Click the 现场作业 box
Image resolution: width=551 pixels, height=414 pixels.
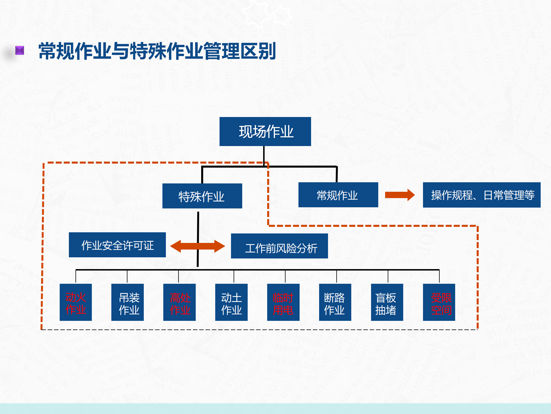click(265, 131)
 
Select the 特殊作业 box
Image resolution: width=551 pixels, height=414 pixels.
click(202, 196)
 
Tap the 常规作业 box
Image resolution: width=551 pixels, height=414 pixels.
click(338, 195)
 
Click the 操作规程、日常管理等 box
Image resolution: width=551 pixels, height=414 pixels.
click(482, 195)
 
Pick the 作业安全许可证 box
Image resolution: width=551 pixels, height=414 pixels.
click(117, 245)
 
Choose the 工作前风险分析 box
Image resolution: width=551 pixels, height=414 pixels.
click(279, 246)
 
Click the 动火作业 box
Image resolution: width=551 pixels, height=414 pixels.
click(76, 302)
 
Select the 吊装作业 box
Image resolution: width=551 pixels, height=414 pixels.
click(127, 302)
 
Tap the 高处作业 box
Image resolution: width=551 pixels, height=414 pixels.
click(179, 302)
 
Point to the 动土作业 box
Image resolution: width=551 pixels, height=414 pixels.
click(231, 302)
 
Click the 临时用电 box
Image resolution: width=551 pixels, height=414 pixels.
click(283, 302)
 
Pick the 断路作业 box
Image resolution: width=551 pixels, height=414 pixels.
click(335, 302)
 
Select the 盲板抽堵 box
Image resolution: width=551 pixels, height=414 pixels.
click(387, 302)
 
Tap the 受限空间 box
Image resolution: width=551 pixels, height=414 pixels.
click(439, 302)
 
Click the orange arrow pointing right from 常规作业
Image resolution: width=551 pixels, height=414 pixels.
click(400, 195)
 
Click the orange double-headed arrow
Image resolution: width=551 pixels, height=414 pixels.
click(197, 246)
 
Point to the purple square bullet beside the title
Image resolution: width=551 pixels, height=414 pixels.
click(20, 51)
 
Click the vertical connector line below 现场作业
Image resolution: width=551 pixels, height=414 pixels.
click(264, 156)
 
